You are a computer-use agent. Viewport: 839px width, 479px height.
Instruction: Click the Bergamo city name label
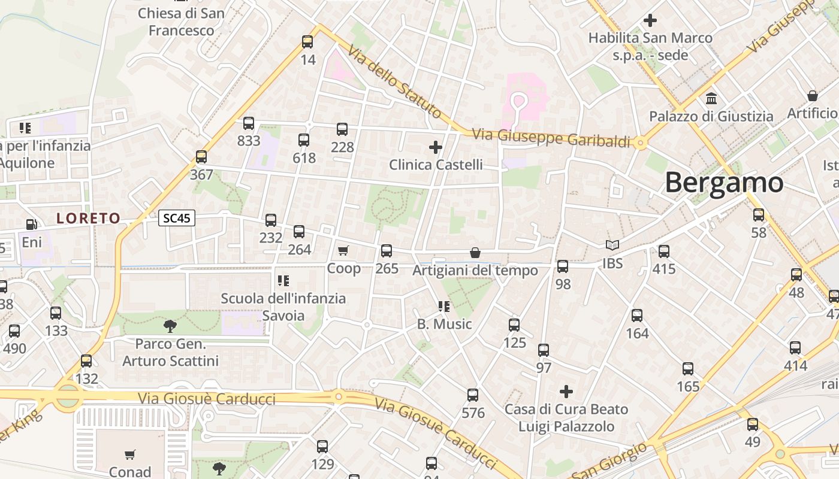[x=724, y=182]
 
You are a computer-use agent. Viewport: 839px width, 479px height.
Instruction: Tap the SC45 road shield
[x=177, y=218]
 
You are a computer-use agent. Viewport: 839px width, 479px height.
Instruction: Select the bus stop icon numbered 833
[x=249, y=124]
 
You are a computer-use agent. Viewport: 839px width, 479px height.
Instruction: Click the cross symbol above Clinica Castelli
[x=436, y=147]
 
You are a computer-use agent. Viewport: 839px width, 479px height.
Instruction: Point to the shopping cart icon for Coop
[x=343, y=250]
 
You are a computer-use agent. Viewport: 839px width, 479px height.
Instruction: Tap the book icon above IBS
[x=612, y=245]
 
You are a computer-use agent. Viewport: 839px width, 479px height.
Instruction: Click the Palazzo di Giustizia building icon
[x=711, y=98]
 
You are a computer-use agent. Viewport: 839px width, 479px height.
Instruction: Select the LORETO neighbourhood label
[x=89, y=219]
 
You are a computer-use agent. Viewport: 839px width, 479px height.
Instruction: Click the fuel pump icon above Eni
[x=31, y=225]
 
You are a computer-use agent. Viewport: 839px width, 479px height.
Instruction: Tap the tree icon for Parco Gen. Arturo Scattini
[x=170, y=326]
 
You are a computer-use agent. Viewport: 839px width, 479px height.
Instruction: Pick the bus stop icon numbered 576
[x=473, y=395]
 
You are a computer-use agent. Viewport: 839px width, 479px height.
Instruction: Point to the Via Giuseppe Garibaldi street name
[x=551, y=138]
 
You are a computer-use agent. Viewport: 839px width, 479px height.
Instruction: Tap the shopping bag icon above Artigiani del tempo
[x=475, y=253]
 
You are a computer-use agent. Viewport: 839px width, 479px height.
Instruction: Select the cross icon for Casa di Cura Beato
[x=566, y=392]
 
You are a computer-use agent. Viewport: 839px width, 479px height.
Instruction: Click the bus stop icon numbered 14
[x=307, y=42]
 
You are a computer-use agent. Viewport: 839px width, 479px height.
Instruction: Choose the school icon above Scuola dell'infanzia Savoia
[x=283, y=280]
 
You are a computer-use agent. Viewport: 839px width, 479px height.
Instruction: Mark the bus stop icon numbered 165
[x=688, y=369]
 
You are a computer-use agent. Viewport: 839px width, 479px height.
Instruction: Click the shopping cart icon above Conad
[x=130, y=454]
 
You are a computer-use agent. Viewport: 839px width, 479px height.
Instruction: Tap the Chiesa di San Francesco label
[x=181, y=22]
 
